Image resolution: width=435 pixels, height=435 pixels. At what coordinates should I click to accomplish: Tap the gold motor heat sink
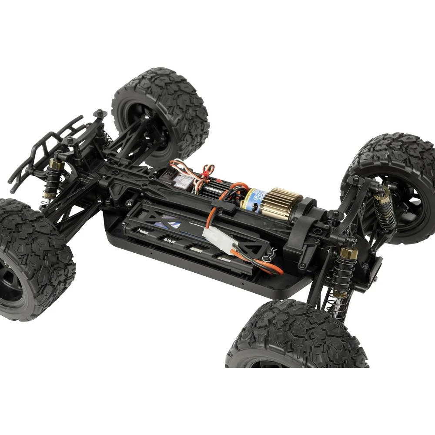tap(285, 203)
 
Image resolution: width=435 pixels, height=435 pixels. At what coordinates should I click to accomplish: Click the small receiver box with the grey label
tap(181, 178)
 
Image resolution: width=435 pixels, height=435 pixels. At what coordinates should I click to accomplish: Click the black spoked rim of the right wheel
tap(409, 204)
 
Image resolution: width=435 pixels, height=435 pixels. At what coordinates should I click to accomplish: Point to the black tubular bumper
tap(43, 148)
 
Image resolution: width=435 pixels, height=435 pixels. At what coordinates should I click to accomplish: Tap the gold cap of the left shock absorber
tap(55, 164)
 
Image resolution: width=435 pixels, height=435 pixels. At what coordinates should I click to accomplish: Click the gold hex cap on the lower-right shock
tap(348, 253)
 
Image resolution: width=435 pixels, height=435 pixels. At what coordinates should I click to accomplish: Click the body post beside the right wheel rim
tap(356, 180)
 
